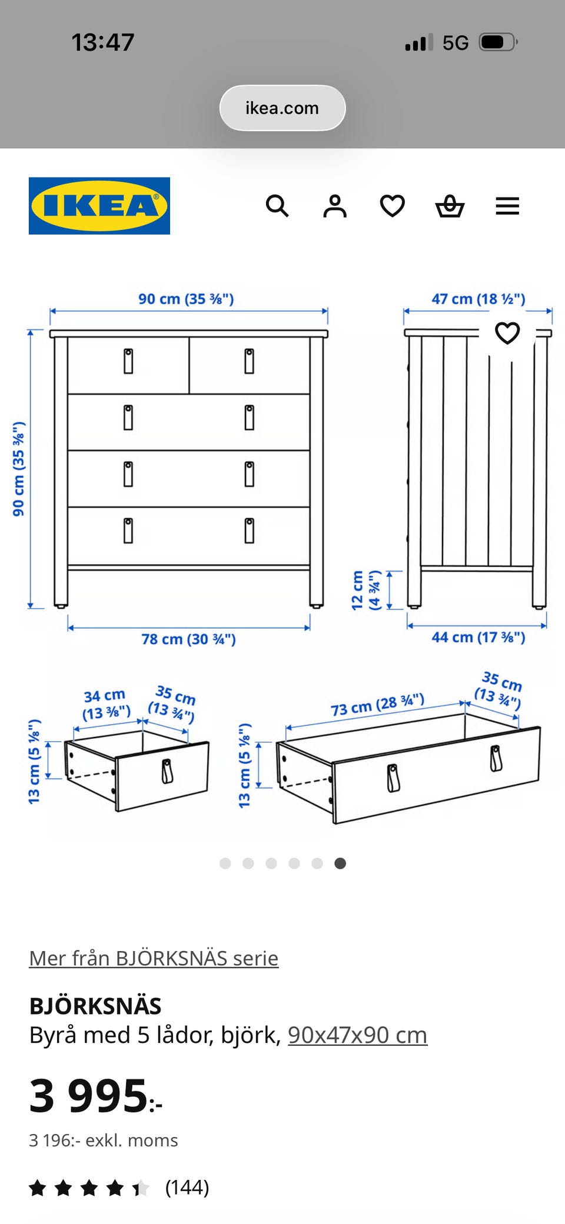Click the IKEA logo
[99, 206]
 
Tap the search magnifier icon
[277, 206]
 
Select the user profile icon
[335, 206]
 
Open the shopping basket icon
[450, 206]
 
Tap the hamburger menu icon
[507, 206]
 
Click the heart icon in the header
[393, 206]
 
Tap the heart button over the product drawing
[507, 333]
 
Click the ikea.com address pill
[282, 108]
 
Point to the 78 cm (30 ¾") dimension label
[188, 639]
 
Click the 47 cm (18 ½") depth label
[478, 299]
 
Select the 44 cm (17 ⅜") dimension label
[478, 637]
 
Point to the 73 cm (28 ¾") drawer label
[377, 705]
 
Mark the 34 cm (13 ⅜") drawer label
[105, 705]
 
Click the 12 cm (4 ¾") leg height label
[366, 590]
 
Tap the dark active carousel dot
[340, 863]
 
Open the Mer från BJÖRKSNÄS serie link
[154, 958]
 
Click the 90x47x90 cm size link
[357, 1035]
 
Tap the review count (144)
[187, 1187]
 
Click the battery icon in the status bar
[498, 42]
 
